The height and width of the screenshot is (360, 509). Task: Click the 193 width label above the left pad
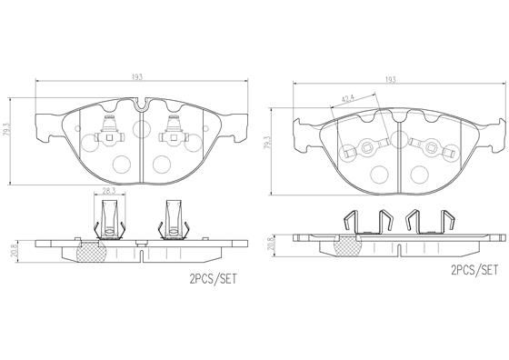tap(137, 75)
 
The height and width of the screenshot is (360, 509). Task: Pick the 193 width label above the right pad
tap(391, 80)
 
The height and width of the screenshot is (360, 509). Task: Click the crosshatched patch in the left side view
tap(92, 255)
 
